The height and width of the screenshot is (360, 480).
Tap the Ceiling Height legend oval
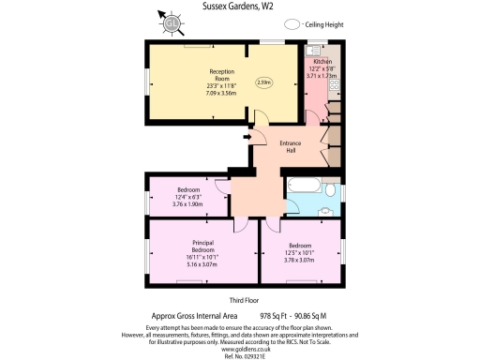coord(292,24)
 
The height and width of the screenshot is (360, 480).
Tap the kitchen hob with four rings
coord(335,82)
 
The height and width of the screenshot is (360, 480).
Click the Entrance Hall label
coord(292,146)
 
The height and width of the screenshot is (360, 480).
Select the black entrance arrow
coord(247,141)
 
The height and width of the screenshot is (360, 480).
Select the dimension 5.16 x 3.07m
coord(203,264)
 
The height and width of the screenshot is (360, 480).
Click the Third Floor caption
coord(239,300)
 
